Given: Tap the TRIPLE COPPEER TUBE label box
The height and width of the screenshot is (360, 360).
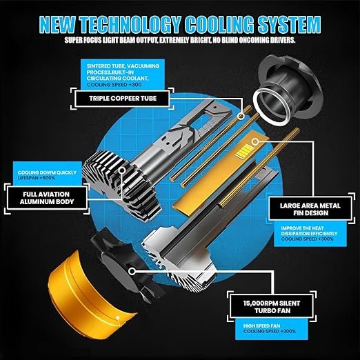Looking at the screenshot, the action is coord(122,99).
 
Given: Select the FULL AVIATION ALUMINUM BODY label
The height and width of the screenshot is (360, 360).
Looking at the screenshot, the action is coord(47,198).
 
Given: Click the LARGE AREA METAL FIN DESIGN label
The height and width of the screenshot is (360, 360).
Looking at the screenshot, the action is coord(310,209).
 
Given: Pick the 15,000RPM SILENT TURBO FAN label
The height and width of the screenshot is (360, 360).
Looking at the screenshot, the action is coord(272,307).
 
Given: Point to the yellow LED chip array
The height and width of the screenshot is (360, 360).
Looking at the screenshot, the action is coord(246,150).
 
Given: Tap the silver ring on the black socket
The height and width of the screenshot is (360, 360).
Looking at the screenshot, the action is coord(271,106).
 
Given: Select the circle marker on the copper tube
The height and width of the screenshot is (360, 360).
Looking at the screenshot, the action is coord(241,116).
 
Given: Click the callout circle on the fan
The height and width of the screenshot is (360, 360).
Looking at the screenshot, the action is coord(132,271).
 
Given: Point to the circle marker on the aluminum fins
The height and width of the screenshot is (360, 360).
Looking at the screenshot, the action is coord(122,170).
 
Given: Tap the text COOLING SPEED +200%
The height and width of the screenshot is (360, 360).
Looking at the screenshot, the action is coord(270,331).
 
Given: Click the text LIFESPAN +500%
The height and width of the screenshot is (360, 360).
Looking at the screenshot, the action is coord(37,178).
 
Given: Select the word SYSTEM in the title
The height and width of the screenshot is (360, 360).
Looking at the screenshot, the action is coord(289,24).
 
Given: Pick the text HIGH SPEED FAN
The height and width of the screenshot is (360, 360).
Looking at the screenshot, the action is coord(261,326).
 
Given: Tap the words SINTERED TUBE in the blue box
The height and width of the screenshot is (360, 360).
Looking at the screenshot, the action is coord(106,66).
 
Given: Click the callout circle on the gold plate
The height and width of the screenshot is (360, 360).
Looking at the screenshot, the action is coord(255,142).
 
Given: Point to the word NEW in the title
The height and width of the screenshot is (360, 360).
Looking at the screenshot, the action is coord(57,24).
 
